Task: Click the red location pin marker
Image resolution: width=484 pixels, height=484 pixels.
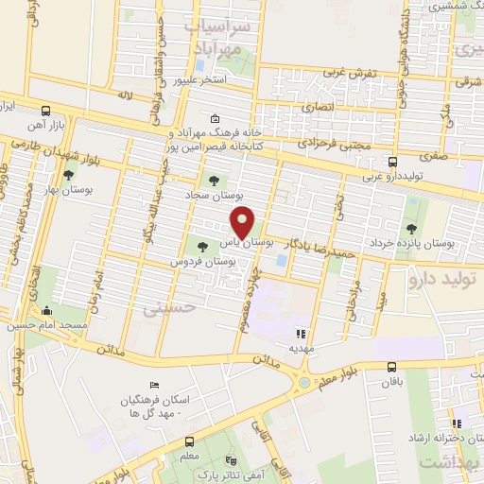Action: [x=244, y=221]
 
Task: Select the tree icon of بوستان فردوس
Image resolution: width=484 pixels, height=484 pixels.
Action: [x=203, y=246]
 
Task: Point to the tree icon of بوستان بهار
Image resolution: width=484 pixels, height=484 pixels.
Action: [x=68, y=176]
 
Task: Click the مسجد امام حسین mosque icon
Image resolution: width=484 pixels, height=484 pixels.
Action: [x=45, y=311]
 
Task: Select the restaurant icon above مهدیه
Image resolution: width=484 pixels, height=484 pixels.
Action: [x=302, y=334]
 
